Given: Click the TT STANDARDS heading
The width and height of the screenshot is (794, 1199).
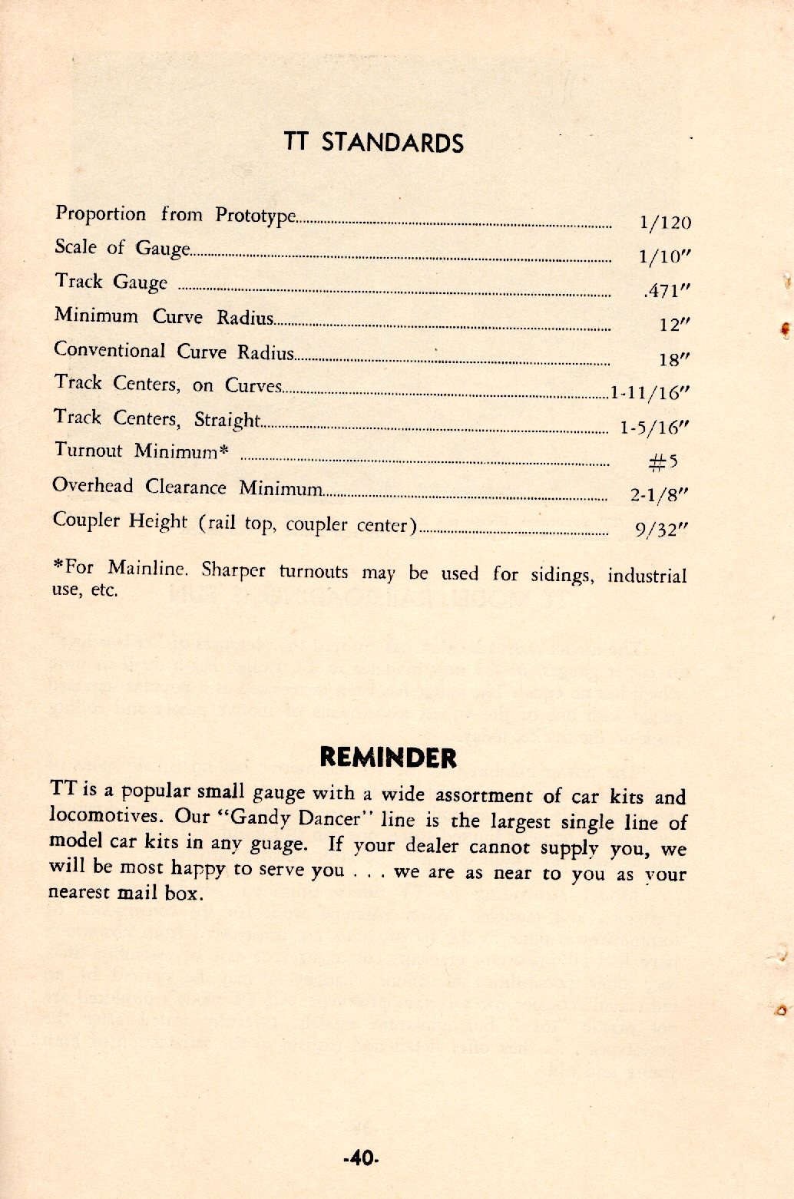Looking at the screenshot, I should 374,143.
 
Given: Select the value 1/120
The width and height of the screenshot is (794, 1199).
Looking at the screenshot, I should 665,223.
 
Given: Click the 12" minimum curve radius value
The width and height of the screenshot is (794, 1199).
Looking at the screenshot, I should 670,325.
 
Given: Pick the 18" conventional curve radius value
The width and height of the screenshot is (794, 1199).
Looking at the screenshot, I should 670,359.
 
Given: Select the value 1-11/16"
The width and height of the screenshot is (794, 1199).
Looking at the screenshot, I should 650,393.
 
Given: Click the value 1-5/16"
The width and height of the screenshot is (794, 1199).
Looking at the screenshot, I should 654,428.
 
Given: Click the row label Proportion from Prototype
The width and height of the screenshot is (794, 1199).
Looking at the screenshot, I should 174,215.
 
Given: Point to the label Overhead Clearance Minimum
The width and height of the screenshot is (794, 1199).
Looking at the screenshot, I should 187,487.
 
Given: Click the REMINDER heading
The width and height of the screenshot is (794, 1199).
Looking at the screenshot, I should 388,758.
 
